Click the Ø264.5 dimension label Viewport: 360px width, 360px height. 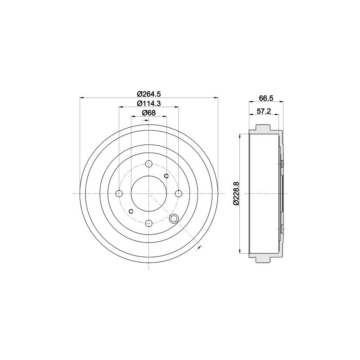tap(148, 94)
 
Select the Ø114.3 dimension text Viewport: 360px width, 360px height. tap(148, 103)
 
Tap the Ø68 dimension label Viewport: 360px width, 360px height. tap(148, 113)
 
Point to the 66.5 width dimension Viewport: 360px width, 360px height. tap(266, 98)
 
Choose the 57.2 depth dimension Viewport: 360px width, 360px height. tap(264, 111)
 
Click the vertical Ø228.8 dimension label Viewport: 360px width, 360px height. tap(236, 193)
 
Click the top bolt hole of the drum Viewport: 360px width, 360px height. tap(149, 164)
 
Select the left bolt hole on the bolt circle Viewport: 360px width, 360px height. tap(119, 193)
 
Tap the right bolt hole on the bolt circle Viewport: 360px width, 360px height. tap(179, 193)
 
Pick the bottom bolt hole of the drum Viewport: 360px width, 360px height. tap(149, 223)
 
